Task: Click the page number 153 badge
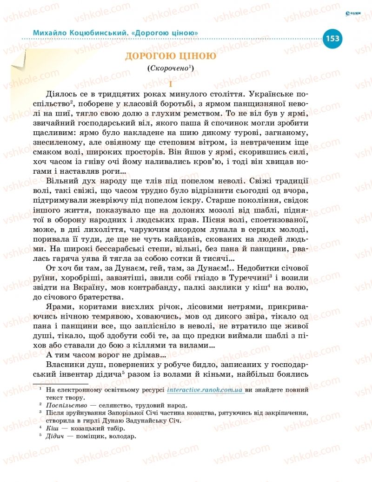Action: click(332, 38)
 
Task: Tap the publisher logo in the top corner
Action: click(353, 14)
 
